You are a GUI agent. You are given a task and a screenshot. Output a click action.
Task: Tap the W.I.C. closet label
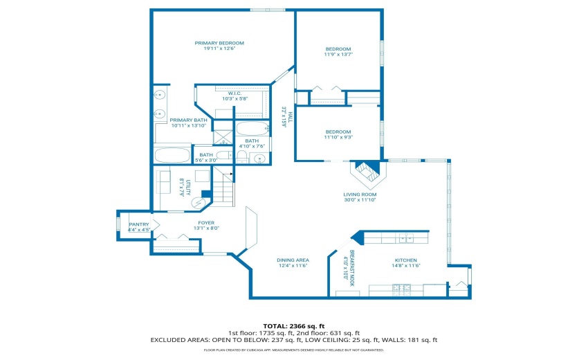coord(234,93)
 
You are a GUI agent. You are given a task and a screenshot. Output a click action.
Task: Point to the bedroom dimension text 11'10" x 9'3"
coord(338,137)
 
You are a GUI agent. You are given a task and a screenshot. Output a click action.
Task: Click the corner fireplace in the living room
coord(366,170)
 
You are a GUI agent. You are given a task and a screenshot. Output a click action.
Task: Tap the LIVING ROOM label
coord(360,195)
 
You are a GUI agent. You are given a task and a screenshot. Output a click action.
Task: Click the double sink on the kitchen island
coord(404,238)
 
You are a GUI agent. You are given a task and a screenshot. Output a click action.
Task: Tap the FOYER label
coord(187,223)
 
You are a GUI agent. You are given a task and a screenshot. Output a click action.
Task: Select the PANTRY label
coord(139,224)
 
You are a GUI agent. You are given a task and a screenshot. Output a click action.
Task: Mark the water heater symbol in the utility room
coord(199,202)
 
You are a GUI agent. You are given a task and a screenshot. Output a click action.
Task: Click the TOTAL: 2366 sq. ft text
coord(293,325)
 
